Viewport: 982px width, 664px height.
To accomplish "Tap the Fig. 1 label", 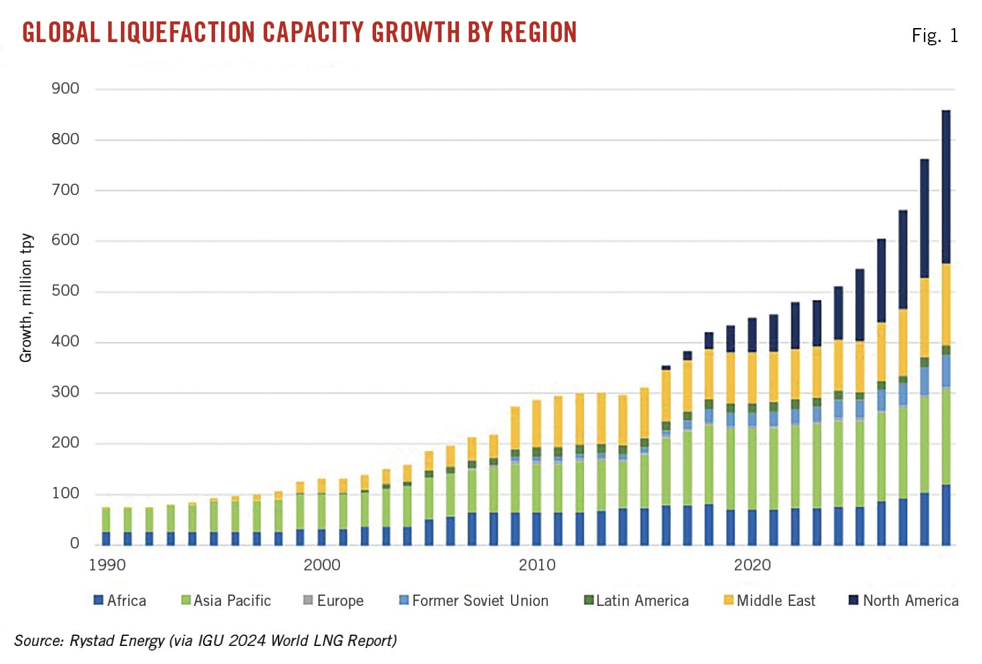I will click(x=935, y=36).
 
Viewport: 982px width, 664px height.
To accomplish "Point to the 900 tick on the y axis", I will click(x=65, y=89).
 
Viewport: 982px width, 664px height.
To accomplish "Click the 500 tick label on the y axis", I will click(x=65, y=291).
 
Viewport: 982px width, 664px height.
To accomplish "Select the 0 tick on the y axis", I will click(x=75, y=544).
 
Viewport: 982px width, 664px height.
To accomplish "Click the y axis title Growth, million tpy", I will click(x=26, y=298).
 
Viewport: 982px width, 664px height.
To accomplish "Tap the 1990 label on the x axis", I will click(x=107, y=566).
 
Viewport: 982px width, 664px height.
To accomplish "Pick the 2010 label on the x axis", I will click(x=536, y=566).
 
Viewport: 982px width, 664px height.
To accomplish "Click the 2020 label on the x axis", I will click(x=752, y=566).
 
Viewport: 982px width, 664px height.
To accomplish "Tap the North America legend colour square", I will click(x=853, y=600).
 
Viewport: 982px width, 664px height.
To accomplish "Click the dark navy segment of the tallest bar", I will click(x=946, y=187).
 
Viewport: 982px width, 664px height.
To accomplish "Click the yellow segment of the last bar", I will click(x=946, y=304).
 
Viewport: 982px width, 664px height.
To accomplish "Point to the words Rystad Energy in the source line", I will click(x=117, y=641).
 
